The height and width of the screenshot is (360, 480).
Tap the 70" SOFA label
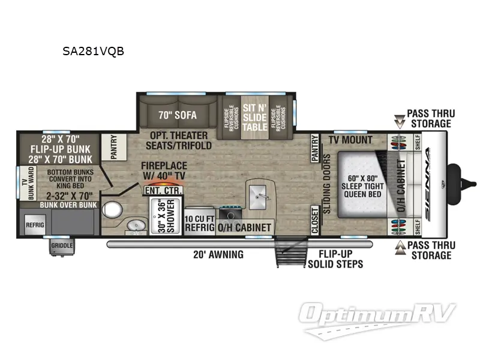coord(178,113)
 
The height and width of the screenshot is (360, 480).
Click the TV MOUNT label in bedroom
coord(350,140)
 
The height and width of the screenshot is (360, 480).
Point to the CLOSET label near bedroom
coord(314,220)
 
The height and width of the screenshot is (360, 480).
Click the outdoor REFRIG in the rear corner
coord(33,225)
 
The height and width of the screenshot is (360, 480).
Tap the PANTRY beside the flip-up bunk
coord(114,148)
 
